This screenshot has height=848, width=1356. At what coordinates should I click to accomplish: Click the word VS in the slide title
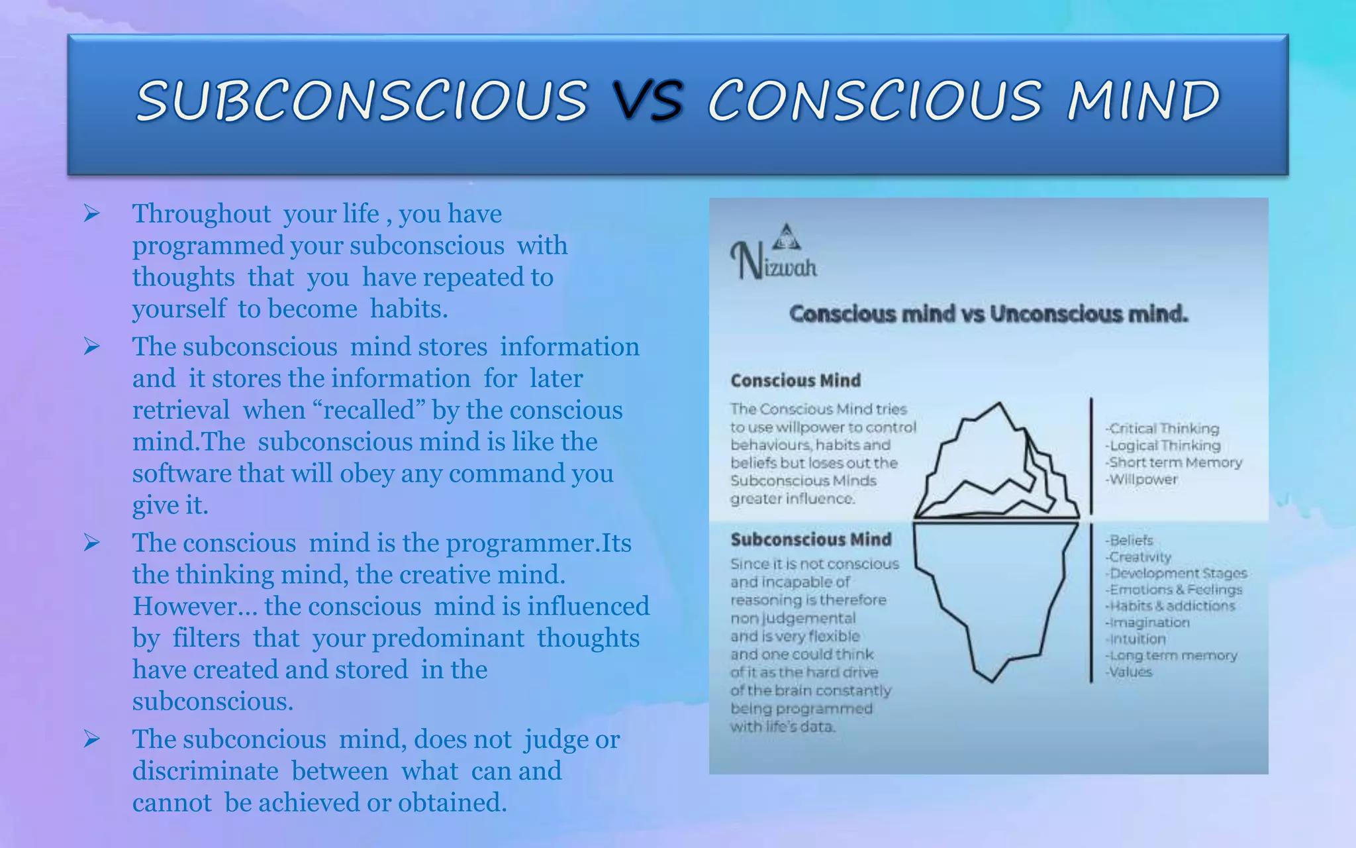click(x=648, y=101)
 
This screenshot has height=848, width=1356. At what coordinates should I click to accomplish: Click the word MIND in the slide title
click(x=1143, y=101)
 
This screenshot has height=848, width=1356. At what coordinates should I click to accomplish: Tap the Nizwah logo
click(x=773, y=254)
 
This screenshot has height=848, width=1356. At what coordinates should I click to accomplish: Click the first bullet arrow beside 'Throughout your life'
click(x=91, y=213)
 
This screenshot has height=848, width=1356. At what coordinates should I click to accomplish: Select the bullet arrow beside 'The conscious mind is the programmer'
click(x=91, y=543)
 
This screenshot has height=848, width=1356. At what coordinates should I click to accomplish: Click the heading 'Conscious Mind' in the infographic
click(x=795, y=380)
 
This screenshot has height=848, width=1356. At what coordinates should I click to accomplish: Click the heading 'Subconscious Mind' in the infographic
click(x=810, y=539)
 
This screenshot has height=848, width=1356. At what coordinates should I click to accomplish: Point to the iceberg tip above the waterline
click(x=997, y=405)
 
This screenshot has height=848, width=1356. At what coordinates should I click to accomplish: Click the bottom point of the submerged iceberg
click(x=992, y=680)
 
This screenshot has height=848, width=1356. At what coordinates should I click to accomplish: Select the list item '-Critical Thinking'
click(x=1162, y=429)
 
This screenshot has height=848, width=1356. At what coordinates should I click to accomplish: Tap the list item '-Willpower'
click(x=1141, y=479)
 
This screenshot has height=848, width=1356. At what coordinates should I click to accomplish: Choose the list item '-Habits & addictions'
click(x=1170, y=606)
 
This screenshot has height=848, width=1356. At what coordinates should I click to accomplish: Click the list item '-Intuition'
click(x=1136, y=639)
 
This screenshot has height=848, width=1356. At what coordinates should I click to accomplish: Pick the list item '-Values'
click(x=1129, y=672)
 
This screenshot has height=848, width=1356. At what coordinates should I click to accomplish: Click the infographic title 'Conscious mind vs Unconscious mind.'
click(x=989, y=313)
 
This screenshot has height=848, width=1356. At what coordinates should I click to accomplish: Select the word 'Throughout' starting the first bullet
click(x=201, y=214)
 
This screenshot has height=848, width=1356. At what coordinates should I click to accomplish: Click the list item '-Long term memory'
click(x=1171, y=655)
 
